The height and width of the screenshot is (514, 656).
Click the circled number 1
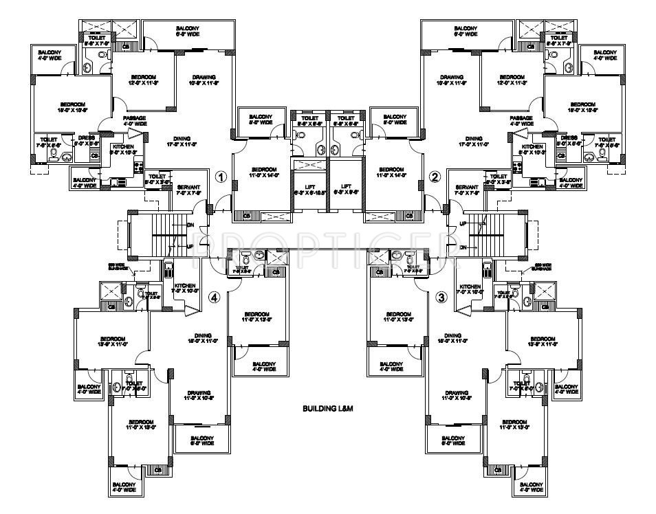click(221, 177)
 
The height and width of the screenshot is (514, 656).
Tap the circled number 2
click(434, 177)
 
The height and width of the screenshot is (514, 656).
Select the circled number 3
click(441, 297)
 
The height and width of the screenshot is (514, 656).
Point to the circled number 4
click(215, 297)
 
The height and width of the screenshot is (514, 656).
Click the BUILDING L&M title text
click(328, 409)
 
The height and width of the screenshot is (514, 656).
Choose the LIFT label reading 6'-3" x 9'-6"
click(346, 190)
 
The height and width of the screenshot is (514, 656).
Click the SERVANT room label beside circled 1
click(188, 190)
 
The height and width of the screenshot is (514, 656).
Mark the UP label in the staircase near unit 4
click(190, 245)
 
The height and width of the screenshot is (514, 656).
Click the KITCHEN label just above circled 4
click(184, 289)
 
